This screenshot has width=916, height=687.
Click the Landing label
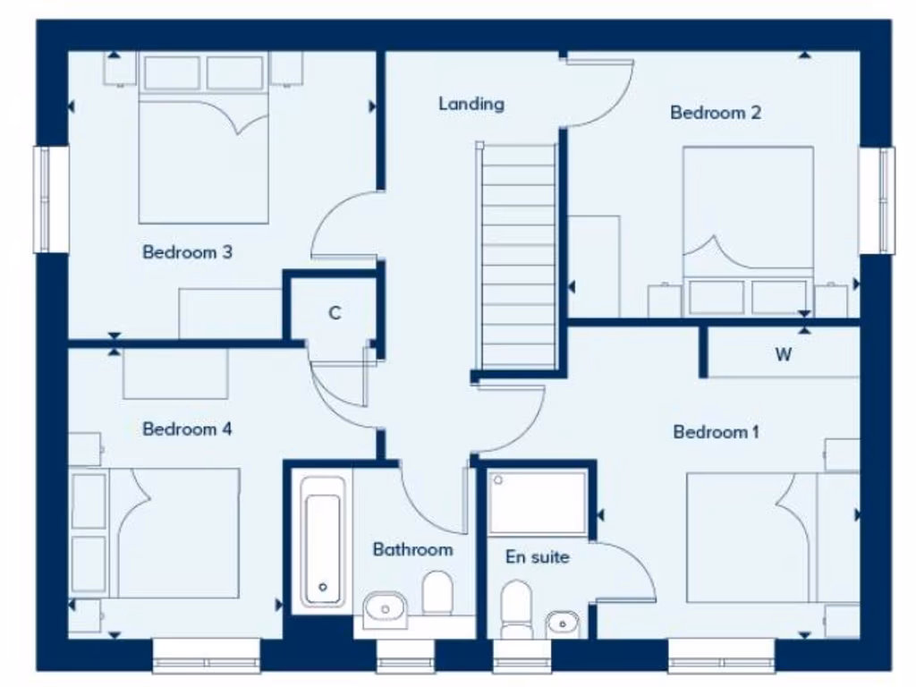pos(471,104)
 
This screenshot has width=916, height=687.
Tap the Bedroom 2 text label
pos(716,113)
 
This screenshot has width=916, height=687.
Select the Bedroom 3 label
pos(187,252)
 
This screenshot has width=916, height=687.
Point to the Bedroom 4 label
pos(187,429)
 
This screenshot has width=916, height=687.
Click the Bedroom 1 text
pos(716,433)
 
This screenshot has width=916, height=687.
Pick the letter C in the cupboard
pos(335,313)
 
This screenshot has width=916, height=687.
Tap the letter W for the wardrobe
pos(784,354)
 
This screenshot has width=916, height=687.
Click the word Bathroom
pos(412,549)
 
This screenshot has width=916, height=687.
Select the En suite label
pos(538,557)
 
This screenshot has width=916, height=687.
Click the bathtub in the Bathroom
pos(322,541)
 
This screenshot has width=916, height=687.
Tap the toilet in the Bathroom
pos(437,592)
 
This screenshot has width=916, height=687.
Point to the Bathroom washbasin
pos(386,609)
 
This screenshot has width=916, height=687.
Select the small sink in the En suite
pos(562,621)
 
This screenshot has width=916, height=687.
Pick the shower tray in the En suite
pos(538,503)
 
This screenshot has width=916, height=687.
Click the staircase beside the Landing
pos(518,259)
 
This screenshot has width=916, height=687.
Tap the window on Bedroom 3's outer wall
pos(51,199)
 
